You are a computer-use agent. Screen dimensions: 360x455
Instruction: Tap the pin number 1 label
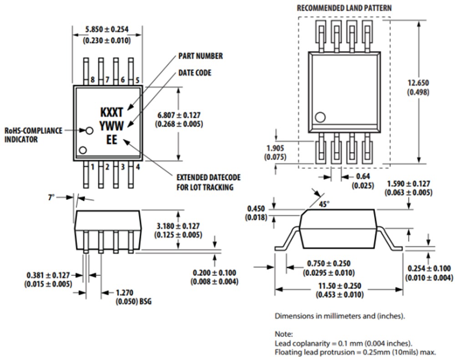pyautogui.click(x=92, y=167)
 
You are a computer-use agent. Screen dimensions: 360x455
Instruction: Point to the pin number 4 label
pyautogui.click(x=137, y=167)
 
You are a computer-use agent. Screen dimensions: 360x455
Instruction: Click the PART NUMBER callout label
pyautogui.click(x=200, y=56)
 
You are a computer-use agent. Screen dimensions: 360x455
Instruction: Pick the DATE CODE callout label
pyautogui.click(x=195, y=73)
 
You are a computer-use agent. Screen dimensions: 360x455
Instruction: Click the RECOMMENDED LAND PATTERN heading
pyautogui.click(x=344, y=8)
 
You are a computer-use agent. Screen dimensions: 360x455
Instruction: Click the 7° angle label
pyautogui.click(x=52, y=197)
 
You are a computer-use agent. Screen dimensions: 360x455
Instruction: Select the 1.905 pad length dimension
pyautogui.click(x=273, y=148)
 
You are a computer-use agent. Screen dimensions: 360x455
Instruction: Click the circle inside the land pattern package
pyautogui.click(x=320, y=117)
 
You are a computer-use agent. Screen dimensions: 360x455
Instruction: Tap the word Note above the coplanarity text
pyautogui.click(x=283, y=334)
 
